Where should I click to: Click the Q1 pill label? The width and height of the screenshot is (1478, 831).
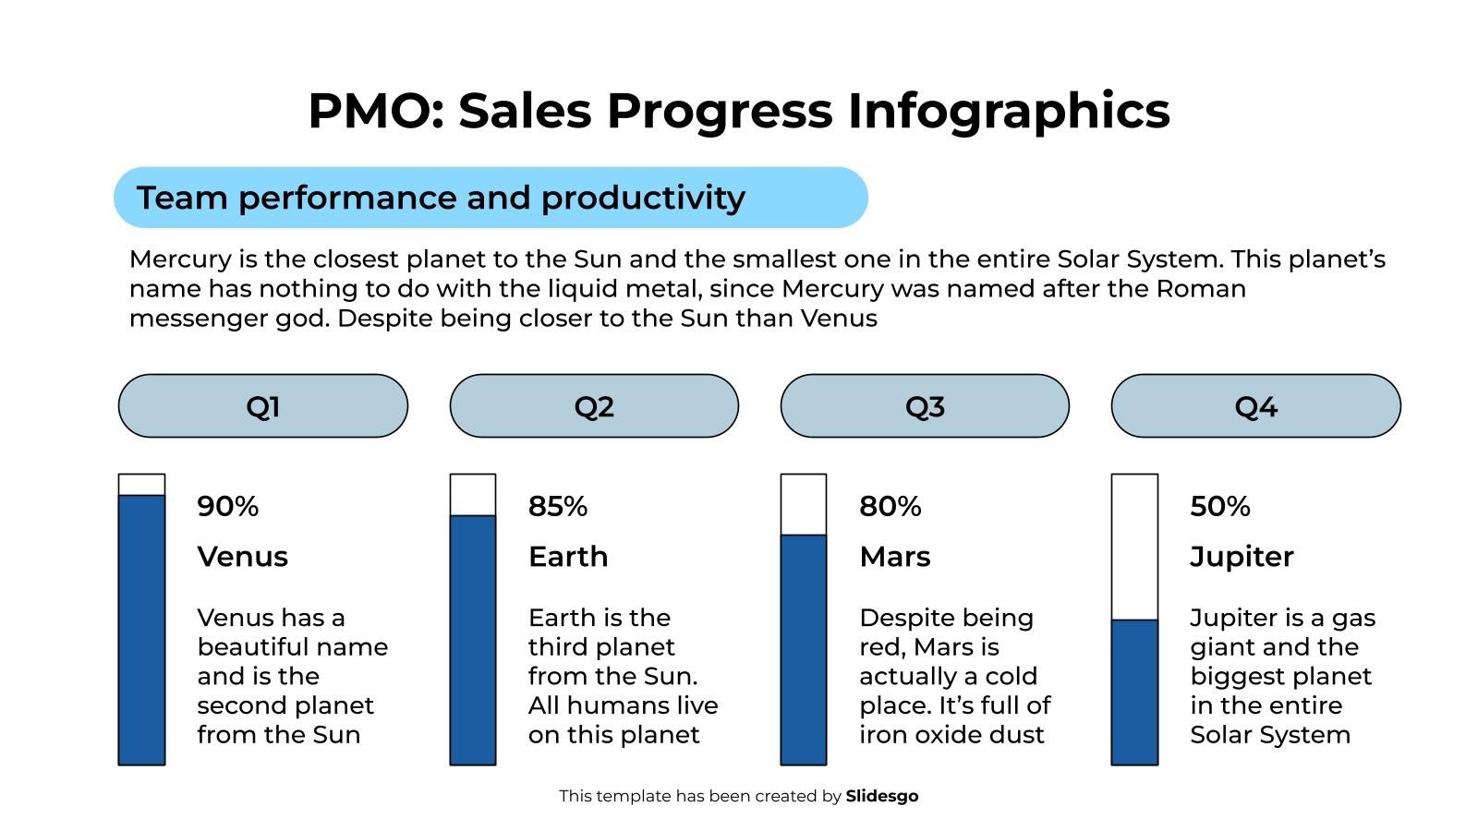263,406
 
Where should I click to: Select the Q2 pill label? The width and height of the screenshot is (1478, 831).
594,406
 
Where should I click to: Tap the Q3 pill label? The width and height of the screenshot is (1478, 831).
925,406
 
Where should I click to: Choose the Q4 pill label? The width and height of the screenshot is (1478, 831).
1255,406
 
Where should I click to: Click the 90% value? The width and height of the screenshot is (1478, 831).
228,506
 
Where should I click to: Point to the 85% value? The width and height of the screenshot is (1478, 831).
558,506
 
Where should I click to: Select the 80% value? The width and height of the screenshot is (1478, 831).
890,506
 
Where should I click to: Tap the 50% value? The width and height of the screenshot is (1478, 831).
1219,506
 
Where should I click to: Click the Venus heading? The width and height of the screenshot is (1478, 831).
243,557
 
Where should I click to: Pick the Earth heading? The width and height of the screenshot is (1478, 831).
568,557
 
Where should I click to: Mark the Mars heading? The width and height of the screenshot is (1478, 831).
894,557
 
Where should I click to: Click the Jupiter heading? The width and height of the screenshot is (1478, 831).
1242,557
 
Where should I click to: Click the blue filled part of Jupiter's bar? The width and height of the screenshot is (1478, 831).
1134,692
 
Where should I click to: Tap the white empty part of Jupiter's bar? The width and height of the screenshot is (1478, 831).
1134,547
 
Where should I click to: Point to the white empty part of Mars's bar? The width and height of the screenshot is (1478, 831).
804,505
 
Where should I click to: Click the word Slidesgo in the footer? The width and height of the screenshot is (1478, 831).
882,796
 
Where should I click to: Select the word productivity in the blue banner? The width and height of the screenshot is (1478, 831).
643,198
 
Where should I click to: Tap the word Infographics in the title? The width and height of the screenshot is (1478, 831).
1009,111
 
